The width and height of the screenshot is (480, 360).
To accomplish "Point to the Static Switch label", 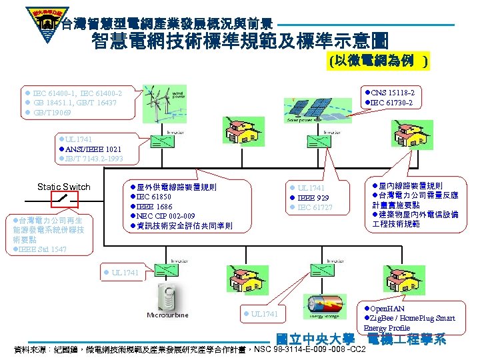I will pos(64,187).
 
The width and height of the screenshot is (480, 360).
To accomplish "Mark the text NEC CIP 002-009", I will pos(167,216).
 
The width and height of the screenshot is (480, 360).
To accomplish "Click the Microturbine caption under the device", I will pos(167,315).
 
